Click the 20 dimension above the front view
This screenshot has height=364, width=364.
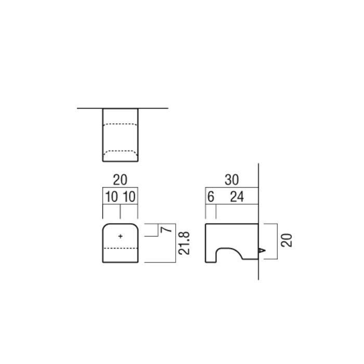120,180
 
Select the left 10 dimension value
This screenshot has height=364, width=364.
111,198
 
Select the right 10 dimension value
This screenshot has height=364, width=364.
129,198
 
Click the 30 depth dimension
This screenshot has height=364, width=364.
231,180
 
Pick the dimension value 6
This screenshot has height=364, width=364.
211,198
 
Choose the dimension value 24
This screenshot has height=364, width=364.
238,198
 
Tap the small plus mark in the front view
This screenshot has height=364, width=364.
121,236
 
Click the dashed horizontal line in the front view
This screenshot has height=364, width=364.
120,249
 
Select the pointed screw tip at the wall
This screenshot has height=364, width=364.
262,251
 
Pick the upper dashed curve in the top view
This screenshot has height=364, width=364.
120,124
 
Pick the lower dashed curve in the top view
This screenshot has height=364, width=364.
120,151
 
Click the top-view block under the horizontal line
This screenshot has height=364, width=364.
120,136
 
